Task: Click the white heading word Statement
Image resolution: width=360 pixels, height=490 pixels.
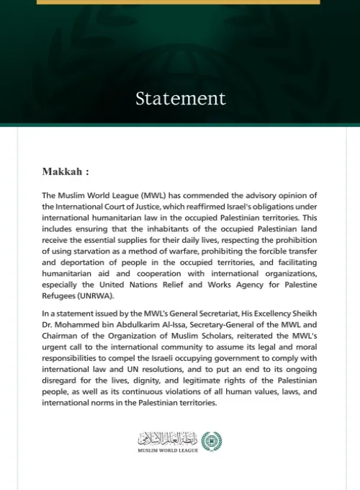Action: (180, 98)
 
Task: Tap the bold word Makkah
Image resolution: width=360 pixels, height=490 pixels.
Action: (63, 172)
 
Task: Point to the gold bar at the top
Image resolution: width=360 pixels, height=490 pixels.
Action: (180, 2)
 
